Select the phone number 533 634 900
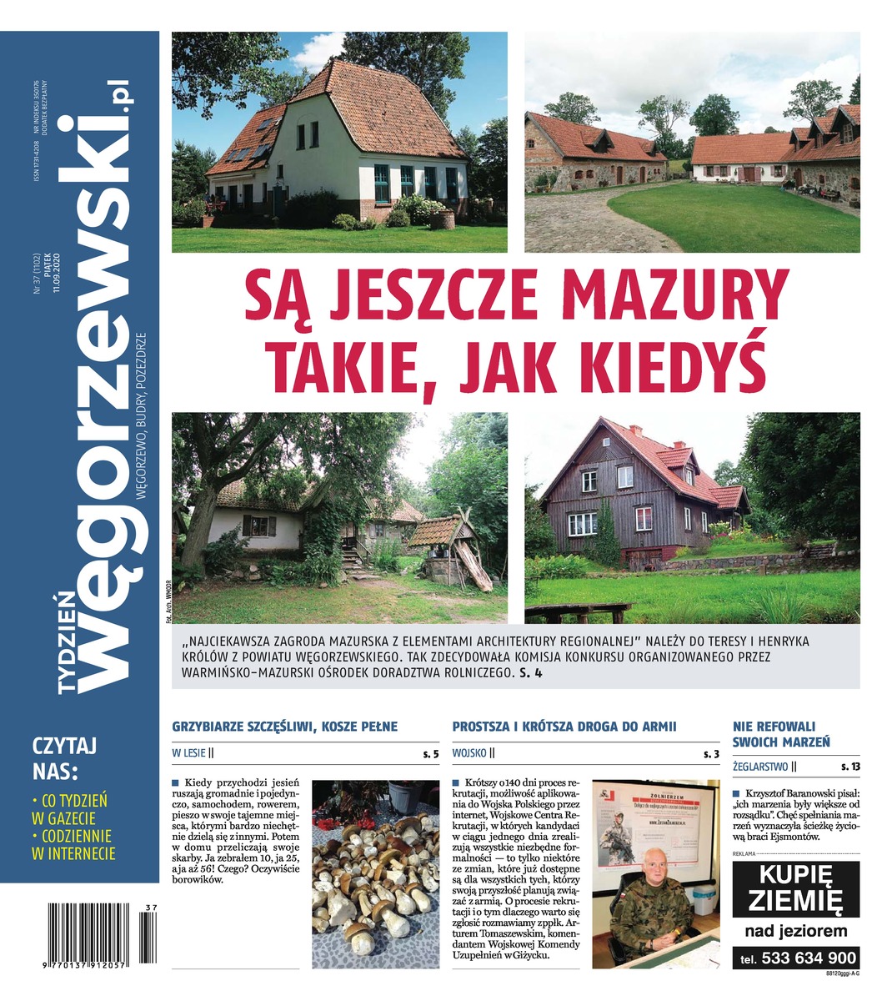coord(797,958)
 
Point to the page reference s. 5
coord(430,754)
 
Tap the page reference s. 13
coord(849,766)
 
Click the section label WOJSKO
coord(469,754)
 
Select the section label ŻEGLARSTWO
coord(759,766)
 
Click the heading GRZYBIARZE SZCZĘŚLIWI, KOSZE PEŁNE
coord(284,727)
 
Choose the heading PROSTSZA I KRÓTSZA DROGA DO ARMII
coord(564,727)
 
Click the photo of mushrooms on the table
coord(375,874)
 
